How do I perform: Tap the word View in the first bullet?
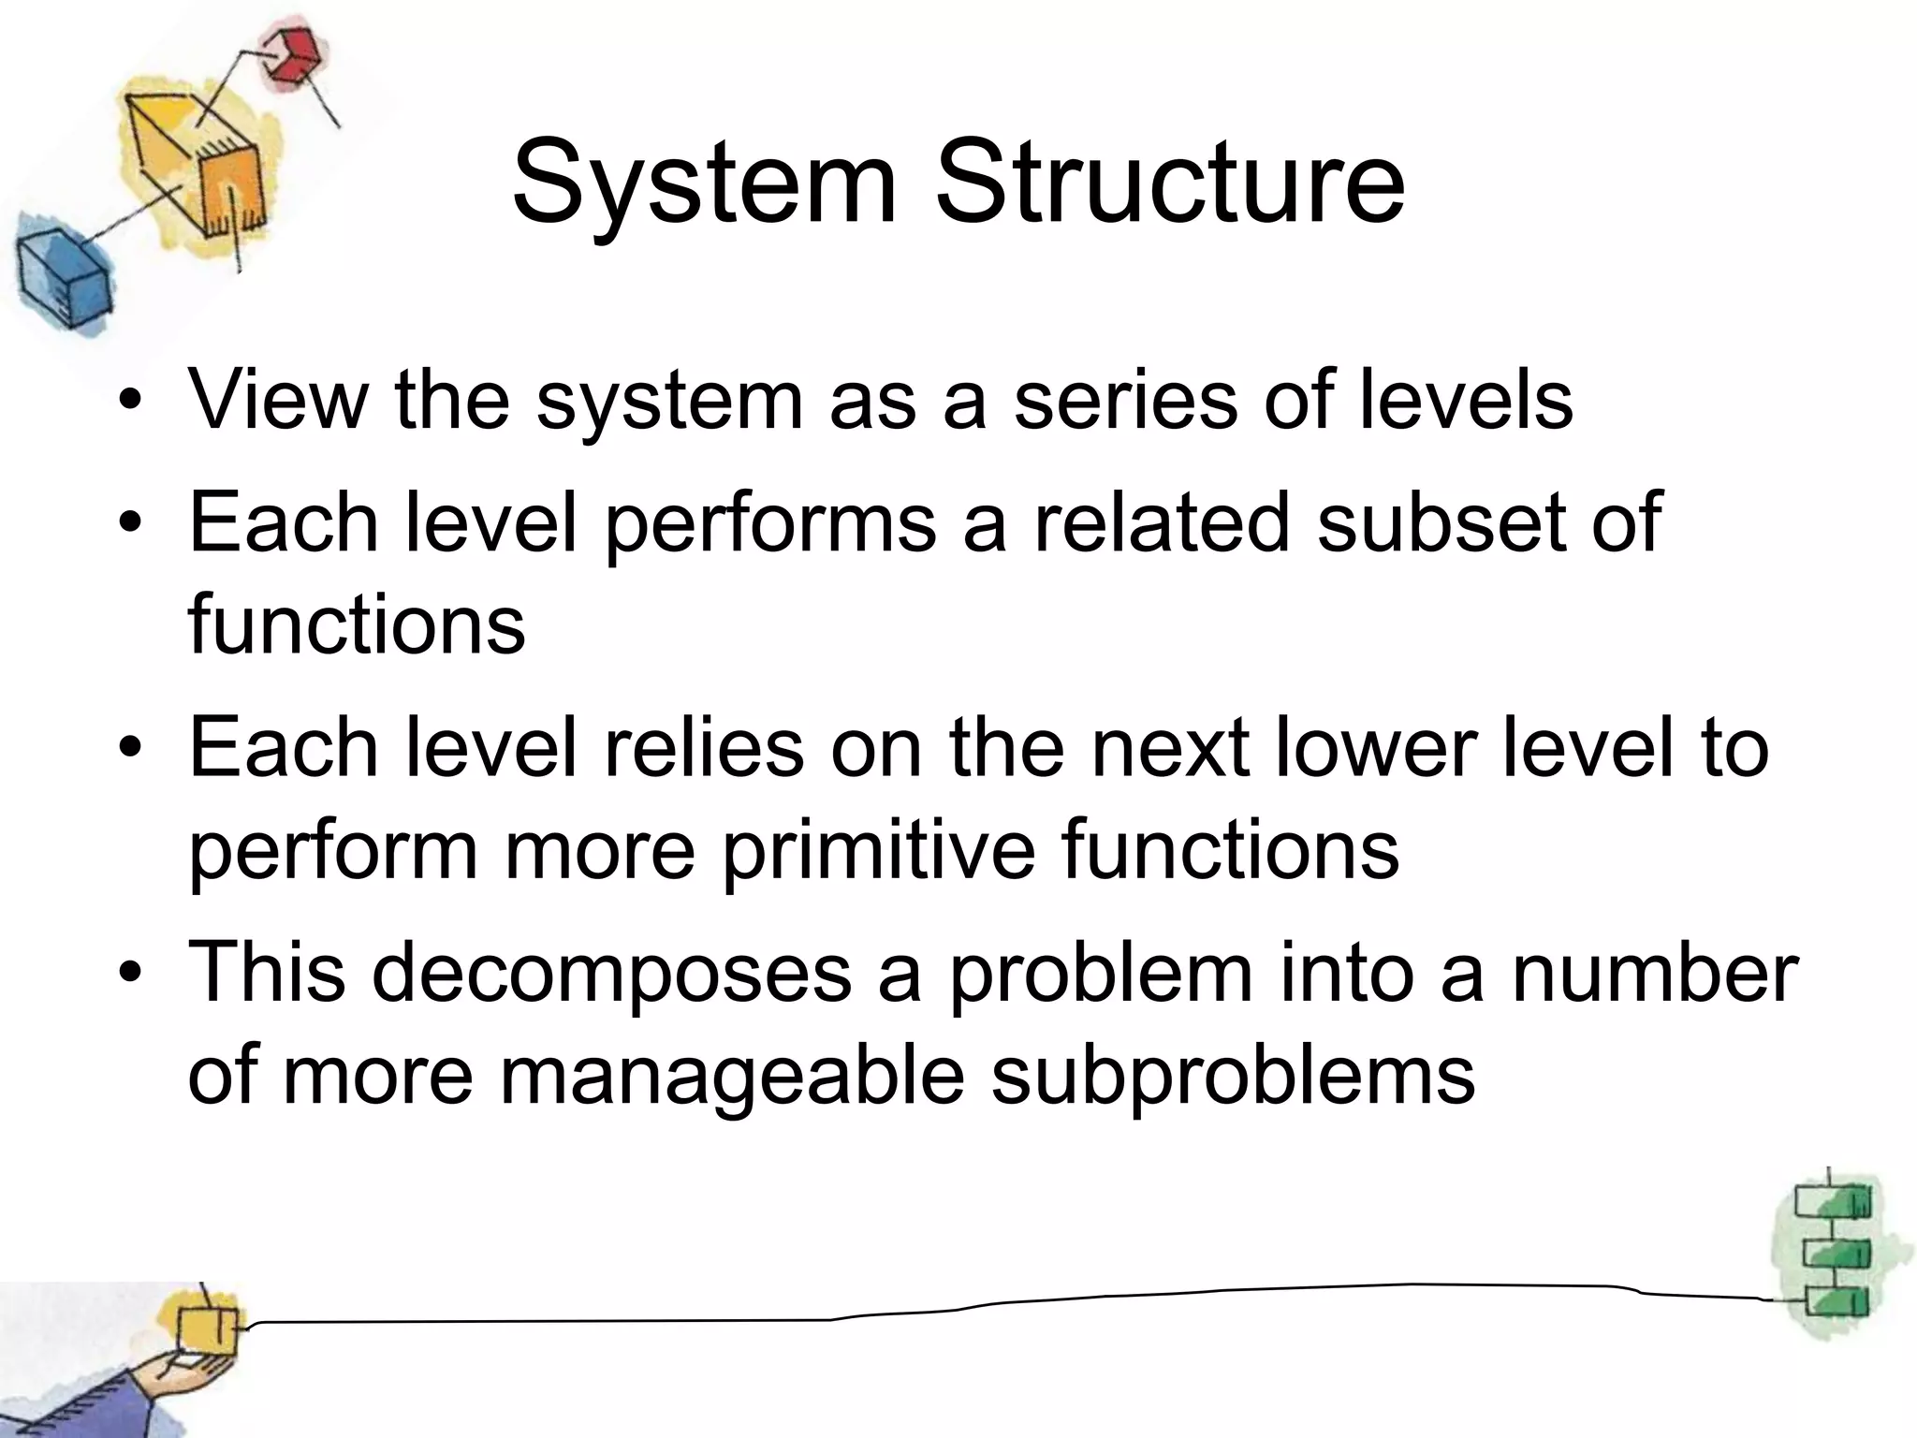pyautogui.click(x=279, y=400)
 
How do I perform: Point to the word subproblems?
pyautogui.click(x=1233, y=1077)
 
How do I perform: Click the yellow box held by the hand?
pyautogui.click(x=207, y=1328)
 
